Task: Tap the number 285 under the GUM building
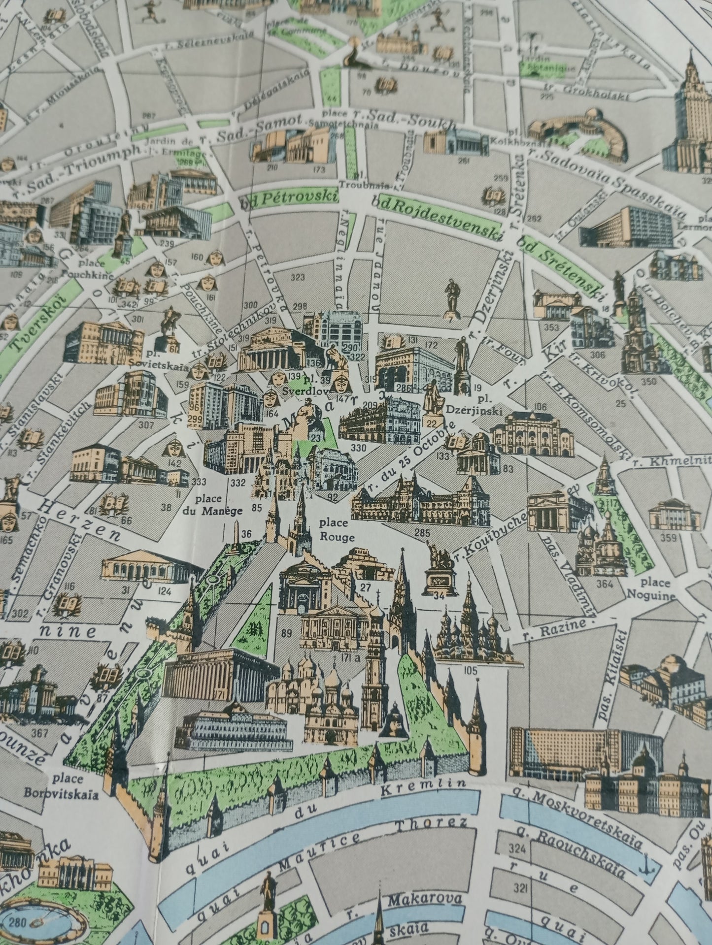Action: click(422, 532)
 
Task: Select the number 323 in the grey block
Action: click(298, 278)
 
